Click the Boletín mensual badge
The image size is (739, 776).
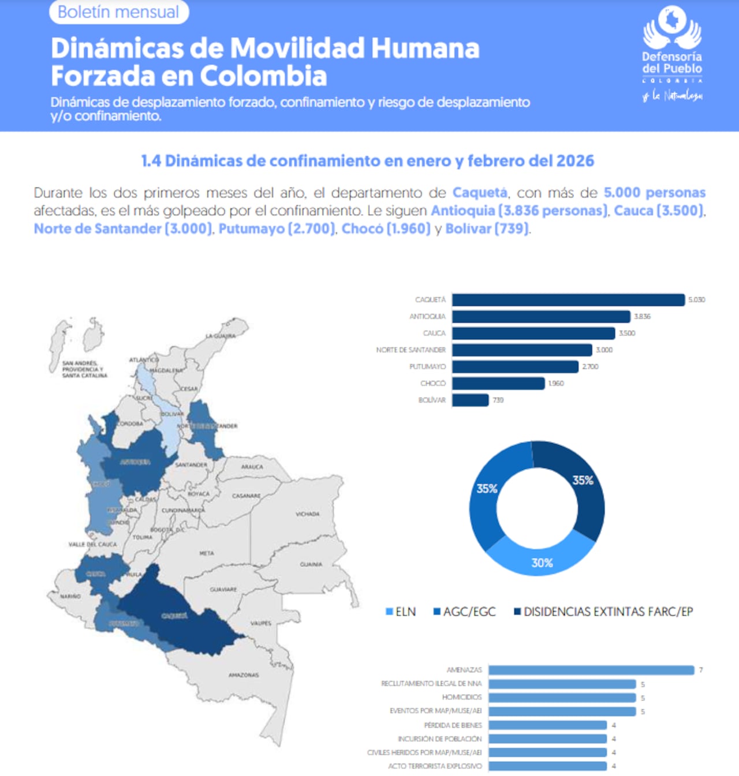point(119,12)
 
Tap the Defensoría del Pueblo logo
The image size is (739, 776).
point(672,52)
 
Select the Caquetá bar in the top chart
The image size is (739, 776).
point(568,300)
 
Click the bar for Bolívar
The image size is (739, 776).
point(471,400)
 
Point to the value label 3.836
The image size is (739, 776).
point(642,317)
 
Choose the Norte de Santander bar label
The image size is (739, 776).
point(410,350)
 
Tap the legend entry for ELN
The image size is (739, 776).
point(401,612)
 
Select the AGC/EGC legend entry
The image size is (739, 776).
point(465,612)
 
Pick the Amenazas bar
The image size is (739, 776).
point(591,670)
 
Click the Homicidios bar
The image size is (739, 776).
point(562,698)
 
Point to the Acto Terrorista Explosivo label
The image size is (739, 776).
point(435,766)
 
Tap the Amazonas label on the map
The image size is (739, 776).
point(244,674)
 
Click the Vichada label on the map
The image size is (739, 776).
point(307,514)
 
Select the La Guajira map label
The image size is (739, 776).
point(221,336)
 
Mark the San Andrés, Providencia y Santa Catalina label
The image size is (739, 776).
point(85,369)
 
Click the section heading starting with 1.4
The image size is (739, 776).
point(368,161)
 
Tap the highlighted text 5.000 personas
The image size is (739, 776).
point(654,193)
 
